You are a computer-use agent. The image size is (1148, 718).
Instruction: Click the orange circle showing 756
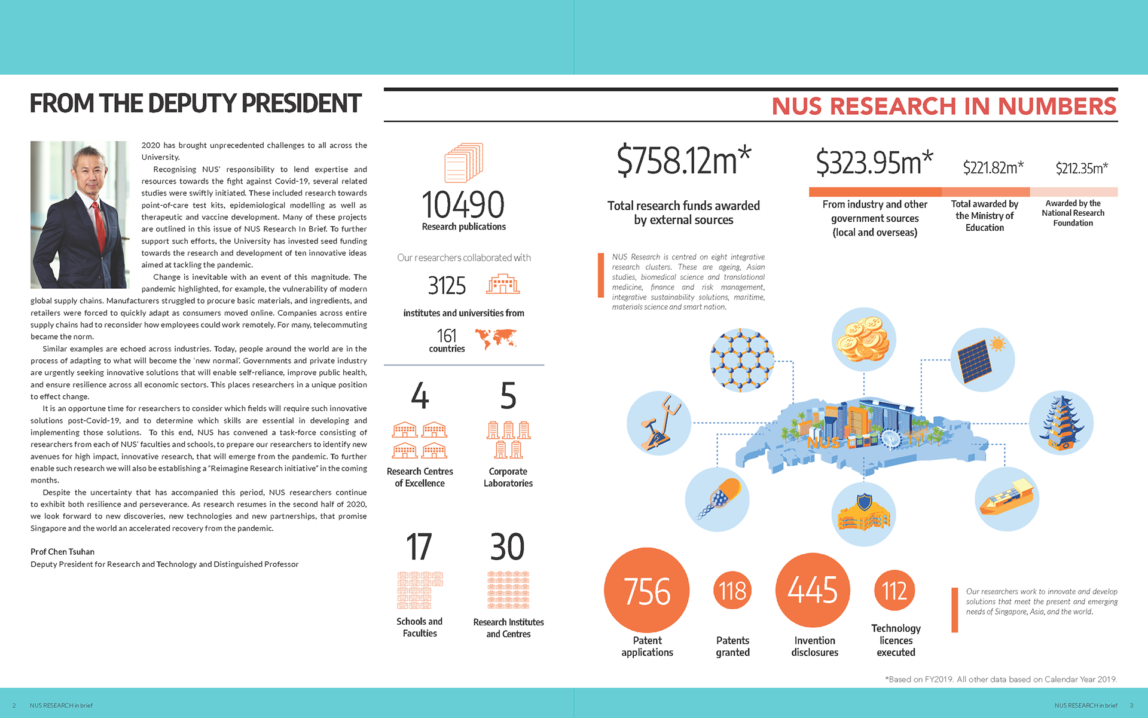pos(646,590)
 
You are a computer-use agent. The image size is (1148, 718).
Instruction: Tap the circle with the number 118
pos(732,591)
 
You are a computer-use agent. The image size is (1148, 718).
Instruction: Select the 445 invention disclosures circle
pos(813,590)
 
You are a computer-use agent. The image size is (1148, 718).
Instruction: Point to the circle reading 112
pos(894,591)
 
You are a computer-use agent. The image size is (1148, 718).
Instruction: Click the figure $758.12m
pos(683,160)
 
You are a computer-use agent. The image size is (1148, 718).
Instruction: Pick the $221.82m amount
pos(993,167)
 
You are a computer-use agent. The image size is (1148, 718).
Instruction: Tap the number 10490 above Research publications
pos(463,204)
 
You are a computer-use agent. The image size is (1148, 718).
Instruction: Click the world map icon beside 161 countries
pos(496,339)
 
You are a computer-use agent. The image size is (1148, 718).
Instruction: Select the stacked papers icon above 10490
pos(463,163)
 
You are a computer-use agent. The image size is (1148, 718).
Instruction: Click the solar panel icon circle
pos(982,360)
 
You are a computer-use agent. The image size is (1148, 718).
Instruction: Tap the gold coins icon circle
pos(863,340)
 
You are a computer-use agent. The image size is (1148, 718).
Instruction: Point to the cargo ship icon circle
pos(1007,499)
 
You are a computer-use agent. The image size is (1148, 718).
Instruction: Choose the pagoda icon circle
pos(1061,423)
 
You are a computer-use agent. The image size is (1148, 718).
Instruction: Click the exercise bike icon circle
pos(659,423)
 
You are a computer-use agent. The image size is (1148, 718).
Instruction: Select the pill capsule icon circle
pos(717,499)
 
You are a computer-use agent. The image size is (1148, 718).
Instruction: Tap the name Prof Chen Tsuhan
pos(63,552)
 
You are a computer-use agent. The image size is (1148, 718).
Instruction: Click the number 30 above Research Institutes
pos(508,546)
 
